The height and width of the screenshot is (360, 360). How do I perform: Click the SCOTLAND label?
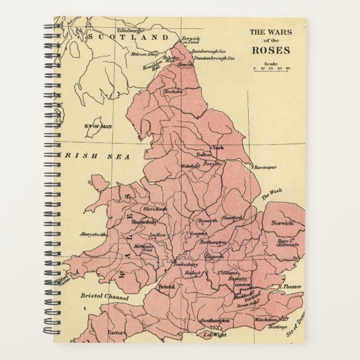[x=128, y=37]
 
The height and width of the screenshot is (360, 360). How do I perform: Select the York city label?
[x=218, y=147]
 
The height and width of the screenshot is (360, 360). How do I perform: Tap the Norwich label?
[x=282, y=223]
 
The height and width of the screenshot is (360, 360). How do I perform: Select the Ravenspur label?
[x=266, y=167]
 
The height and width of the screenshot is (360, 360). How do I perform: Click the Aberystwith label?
[x=93, y=235]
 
